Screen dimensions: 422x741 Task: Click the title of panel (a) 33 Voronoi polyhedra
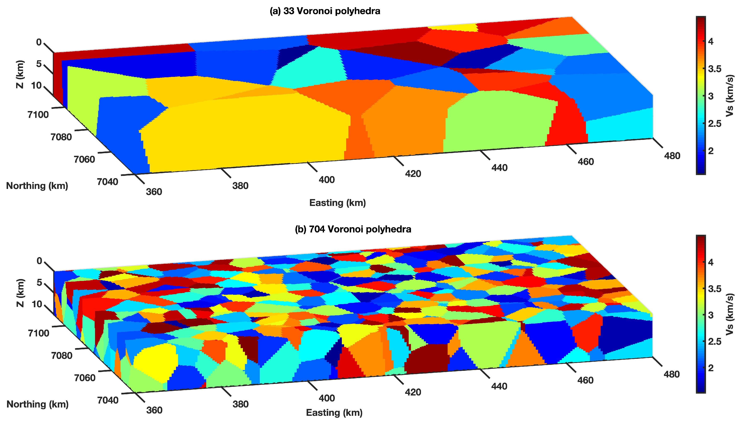coord(325,11)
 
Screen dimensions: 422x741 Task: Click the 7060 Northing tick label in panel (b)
coord(84,378)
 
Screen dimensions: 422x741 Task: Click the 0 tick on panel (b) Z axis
coord(39,261)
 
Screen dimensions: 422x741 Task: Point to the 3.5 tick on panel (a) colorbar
coord(714,69)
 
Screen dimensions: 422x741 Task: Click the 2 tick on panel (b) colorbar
coord(711,368)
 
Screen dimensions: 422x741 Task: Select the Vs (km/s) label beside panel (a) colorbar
coord(730,96)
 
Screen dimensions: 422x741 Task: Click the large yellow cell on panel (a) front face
coord(246,133)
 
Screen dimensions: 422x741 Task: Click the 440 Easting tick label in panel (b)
coord(499,386)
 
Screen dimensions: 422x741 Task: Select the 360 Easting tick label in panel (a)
coord(154,192)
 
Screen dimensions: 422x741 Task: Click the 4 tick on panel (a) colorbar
coord(711,41)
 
